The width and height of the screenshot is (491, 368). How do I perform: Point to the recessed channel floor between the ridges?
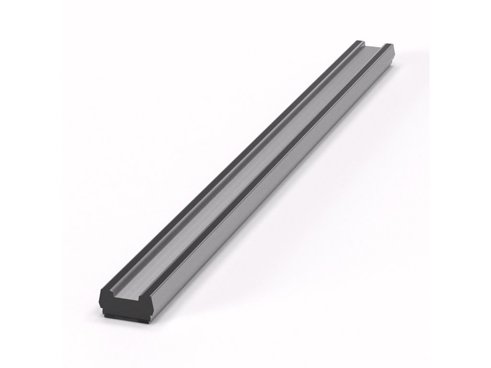point(249,168)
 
